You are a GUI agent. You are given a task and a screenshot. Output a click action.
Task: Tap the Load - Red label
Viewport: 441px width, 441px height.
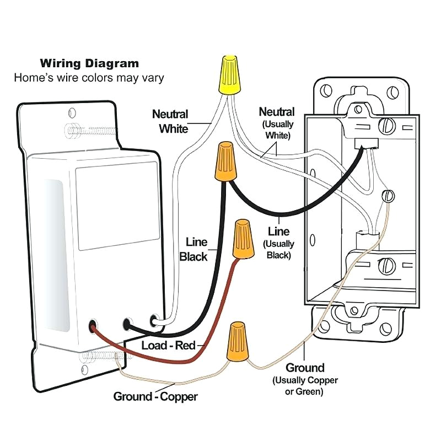pos(169,346)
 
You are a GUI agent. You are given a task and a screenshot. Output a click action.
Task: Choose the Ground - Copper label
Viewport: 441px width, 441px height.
pos(155,396)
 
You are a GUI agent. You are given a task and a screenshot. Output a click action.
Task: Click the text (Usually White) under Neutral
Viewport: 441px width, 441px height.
pos(277,130)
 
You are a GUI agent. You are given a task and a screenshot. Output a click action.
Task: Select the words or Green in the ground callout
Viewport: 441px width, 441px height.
pos(305,392)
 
